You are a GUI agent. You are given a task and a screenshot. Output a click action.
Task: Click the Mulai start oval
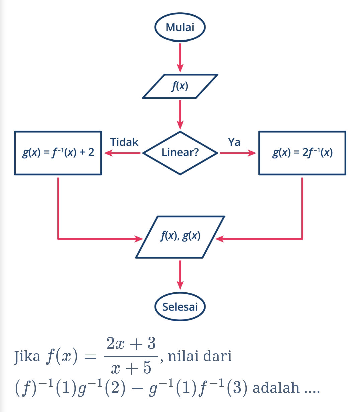[x=180, y=27]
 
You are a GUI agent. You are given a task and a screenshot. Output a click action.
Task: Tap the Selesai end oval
[x=180, y=307]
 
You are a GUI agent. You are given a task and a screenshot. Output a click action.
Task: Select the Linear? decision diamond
[x=180, y=153]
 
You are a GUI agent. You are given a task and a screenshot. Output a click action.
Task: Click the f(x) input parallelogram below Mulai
[x=180, y=86]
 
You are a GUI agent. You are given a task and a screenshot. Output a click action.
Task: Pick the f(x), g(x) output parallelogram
[x=180, y=237]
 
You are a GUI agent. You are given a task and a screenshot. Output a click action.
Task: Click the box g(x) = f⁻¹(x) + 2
[x=58, y=153]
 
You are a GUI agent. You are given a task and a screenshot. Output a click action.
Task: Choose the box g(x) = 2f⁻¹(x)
[x=302, y=153]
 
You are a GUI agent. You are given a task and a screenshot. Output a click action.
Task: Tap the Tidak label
[x=124, y=142]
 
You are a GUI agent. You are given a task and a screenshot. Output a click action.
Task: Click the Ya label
[x=234, y=142]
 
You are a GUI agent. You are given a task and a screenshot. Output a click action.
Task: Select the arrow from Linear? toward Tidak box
[x=122, y=153]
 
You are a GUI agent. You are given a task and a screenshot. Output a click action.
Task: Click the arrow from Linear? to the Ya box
[x=237, y=153]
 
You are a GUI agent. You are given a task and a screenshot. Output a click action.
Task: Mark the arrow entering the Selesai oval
[x=180, y=274]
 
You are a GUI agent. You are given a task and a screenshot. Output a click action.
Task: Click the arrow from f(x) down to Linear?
[x=180, y=114]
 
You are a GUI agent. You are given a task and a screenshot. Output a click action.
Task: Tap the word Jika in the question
[x=27, y=357]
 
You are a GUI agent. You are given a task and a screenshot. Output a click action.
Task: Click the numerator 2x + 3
[x=131, y=343]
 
